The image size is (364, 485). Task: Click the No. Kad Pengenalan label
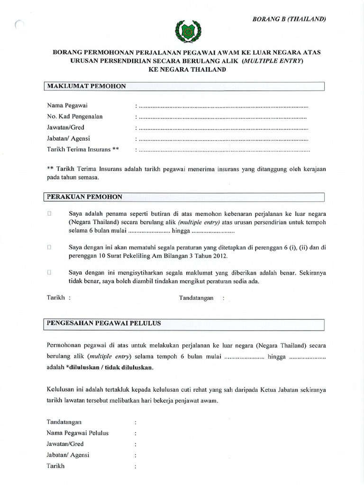click(74, 116)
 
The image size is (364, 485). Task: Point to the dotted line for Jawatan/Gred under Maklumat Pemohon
click(223, 128)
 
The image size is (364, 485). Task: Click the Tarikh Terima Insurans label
click(82, 150)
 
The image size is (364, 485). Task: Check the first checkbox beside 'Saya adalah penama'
click(49, 213)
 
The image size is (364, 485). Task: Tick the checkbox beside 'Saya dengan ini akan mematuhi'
click(49, 247)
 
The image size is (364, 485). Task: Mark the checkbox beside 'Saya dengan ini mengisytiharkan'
click(49, 273)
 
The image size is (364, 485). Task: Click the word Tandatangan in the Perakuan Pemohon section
click(196, 298)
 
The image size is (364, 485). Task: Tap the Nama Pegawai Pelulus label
click(78, 433)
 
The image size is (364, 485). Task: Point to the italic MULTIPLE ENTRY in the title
click(272, 61)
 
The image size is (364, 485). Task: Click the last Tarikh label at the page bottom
click(55, 466)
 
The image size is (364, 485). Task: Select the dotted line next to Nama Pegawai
click(223, 105)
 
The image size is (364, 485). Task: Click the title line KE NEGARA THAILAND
click(182, 70)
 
